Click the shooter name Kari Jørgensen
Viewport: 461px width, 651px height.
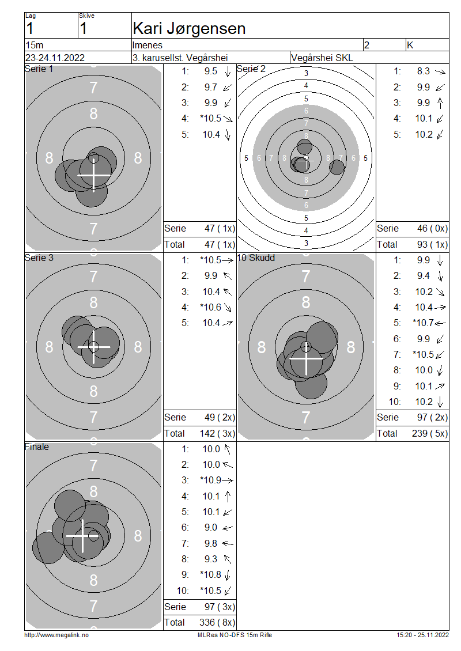(189, 29)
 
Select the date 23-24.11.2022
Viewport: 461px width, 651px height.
(55, 58)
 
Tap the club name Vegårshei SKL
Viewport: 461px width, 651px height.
(322, 58)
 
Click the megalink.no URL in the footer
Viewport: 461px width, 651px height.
(56, 635)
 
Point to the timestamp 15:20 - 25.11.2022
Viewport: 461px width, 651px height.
(422, 635)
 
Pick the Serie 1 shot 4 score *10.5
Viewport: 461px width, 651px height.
(210, 118)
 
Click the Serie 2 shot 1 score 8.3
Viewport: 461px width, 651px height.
(423, 71)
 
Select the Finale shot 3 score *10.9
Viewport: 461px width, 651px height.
(210, 480)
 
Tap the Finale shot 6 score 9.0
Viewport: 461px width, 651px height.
(210, 527)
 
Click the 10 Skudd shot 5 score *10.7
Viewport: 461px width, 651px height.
(423, 323)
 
